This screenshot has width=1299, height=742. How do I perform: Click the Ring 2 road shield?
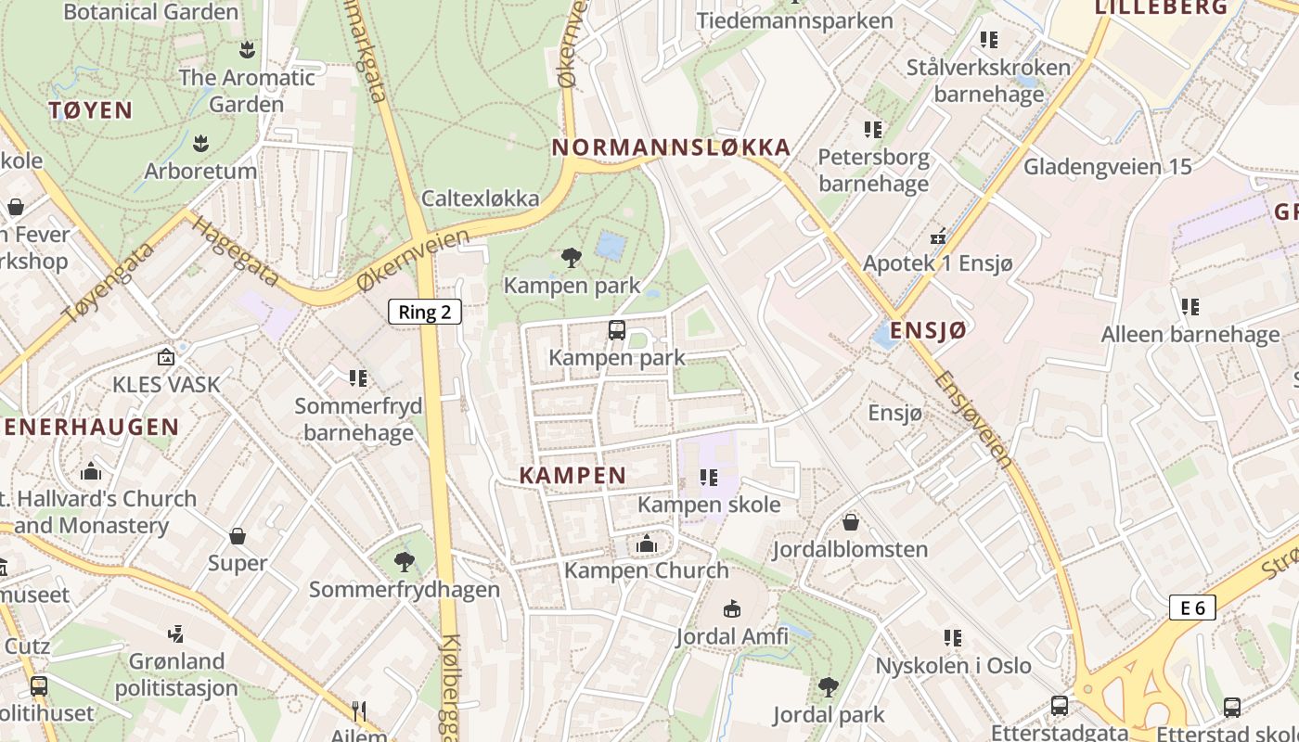pos(424,312)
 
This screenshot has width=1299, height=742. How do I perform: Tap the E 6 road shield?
pos(1192,608)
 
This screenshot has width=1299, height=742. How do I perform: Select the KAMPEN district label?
pos(572,476)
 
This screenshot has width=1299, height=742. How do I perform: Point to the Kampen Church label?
pos(647,569)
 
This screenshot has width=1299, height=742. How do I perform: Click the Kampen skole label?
pos(709,505)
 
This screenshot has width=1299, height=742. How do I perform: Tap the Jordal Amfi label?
pos(732,636)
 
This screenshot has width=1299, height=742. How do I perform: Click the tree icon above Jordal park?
pos(828,687)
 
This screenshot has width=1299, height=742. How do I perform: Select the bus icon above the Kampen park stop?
pos(617,329)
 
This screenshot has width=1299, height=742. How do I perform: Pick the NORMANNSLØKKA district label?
pos(671,147)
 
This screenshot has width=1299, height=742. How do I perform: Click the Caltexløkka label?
pos(480,198)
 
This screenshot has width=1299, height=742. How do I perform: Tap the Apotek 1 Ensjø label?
pos(938,262)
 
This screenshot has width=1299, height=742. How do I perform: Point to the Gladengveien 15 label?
pos(1107,167)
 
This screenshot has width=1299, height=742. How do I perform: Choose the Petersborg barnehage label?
pos(873,170)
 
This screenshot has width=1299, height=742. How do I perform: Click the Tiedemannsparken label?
pos(794,20)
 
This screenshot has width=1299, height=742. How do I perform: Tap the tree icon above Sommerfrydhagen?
pos(404,560)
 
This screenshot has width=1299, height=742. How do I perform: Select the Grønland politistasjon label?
pos(176,674)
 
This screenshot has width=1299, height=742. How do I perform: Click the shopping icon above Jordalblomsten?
pos(850,522)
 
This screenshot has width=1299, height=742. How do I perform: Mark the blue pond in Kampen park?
pos(611,246)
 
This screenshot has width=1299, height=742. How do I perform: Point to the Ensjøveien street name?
pos(973,417)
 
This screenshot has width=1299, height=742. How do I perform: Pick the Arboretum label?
pos(200,171)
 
